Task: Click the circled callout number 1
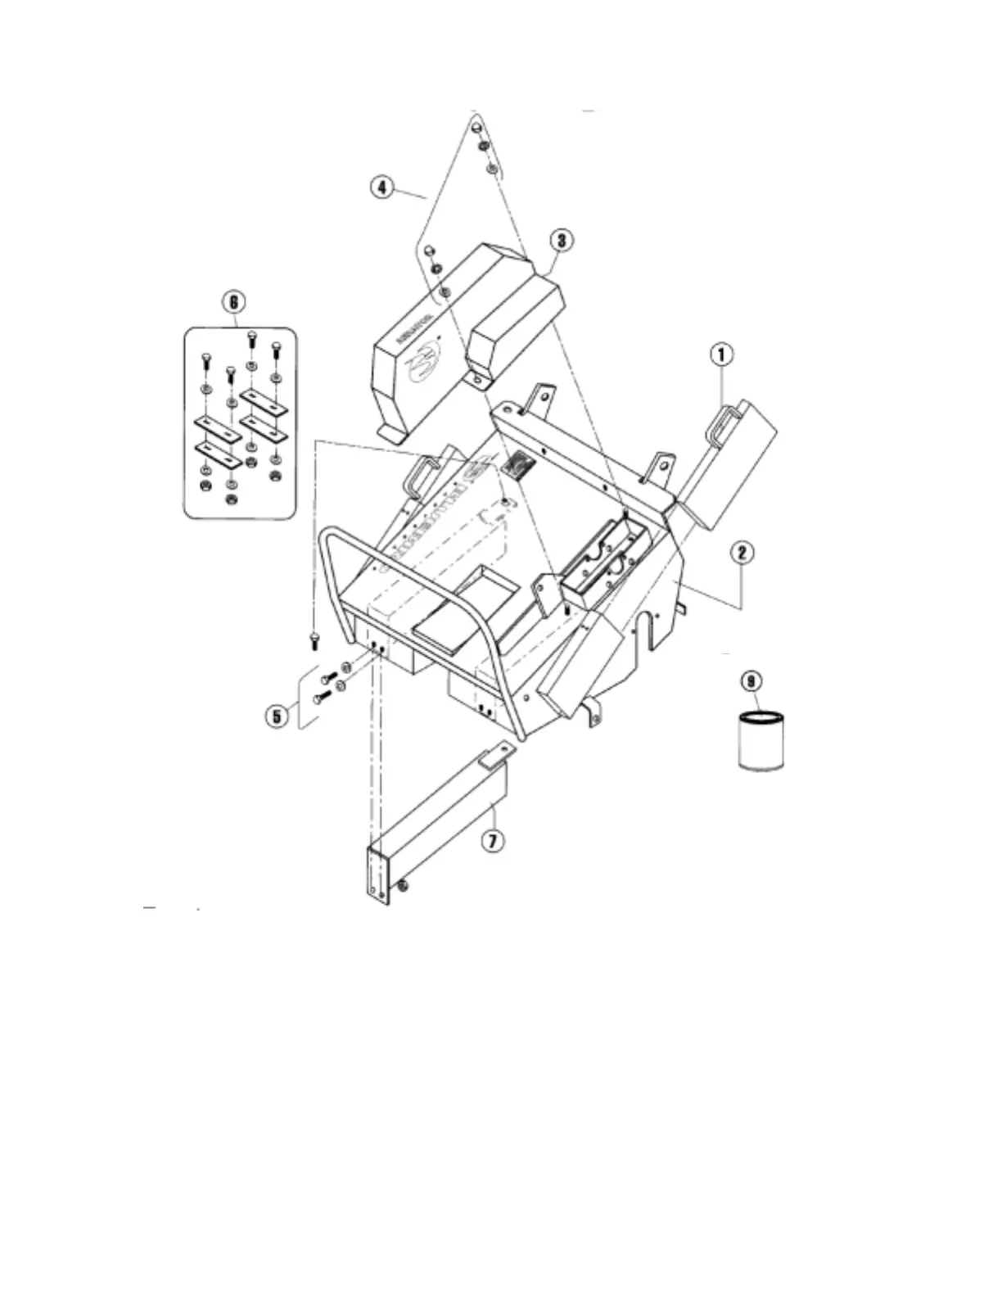(x=721, y=355)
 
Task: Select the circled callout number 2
(x=742, y=553)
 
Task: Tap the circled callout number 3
(x=561, y=240)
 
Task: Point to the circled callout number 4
(x=381, y=188)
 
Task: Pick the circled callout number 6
(x=233, y=302)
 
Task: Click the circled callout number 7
(x=491, y=840)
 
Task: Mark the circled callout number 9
(x=751, y=681)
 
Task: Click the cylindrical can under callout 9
(x=761, y=740)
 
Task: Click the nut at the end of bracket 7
(x=404, y=883)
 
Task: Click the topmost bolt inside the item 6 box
(x=252, y=337)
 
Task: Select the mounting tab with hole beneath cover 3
(x=477, y=380)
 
